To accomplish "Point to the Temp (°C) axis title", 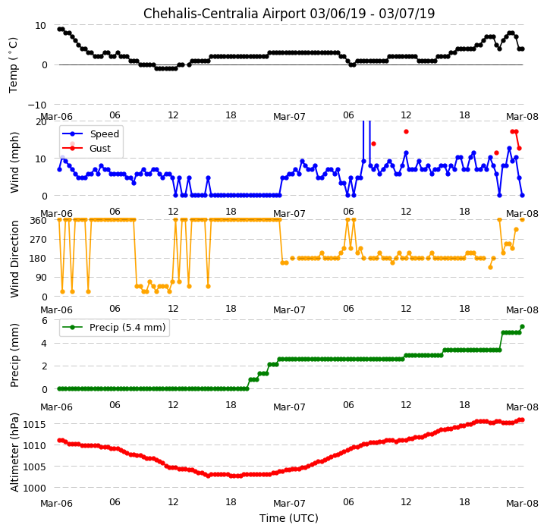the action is (13, 65).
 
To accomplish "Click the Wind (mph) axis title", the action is (14, 162).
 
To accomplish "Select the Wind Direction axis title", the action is (14, 259).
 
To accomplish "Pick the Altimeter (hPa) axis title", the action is (14, 452).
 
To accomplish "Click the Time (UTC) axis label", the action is (289, 518).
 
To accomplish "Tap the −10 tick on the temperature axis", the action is (37, 105).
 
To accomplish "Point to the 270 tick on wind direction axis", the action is (39, 240).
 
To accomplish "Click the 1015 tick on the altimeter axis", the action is (34, 424).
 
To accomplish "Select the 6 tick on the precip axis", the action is (44, 320).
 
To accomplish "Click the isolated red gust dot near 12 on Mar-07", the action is (406, 131).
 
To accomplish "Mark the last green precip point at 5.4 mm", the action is (522, 326).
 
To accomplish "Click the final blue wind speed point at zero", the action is (522, 196).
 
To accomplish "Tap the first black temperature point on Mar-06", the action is (59, 30).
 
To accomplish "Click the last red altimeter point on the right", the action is (522, 419).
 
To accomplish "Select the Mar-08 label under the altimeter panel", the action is (522, 503).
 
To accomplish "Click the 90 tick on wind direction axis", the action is (41, 278).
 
